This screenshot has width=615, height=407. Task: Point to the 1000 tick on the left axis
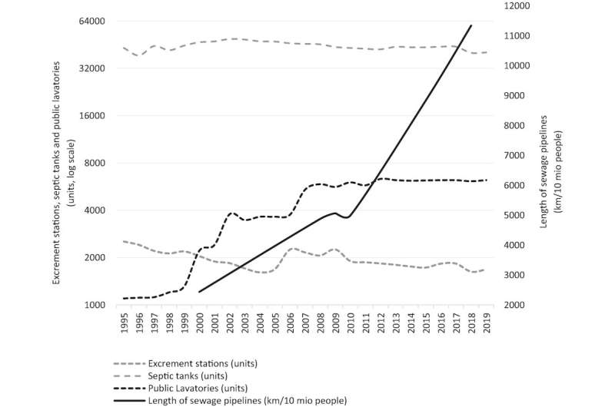95,305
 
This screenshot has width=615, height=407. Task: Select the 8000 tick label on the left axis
95,163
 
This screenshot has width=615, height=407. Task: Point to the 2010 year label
350,323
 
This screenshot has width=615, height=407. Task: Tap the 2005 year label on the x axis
274,323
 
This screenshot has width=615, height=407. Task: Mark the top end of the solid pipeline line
471,25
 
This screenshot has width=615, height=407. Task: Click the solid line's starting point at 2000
199,292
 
